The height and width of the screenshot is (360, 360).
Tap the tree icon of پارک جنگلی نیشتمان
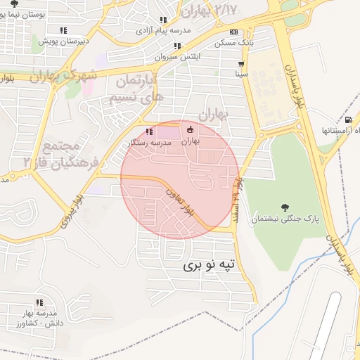[x=285, y=207]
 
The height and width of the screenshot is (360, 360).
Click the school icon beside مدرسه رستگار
[x=148, y=131]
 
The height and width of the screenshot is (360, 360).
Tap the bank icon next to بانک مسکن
[x=233, y=32]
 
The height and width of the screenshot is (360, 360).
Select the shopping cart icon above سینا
[x=241, y=63]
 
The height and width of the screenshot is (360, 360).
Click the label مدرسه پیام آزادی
[x=164, y=32]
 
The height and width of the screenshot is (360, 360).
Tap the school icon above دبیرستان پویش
[x=63, y=30]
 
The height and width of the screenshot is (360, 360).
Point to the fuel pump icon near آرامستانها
[x=349, y=121]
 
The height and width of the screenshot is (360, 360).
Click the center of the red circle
[x=180, y=179]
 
